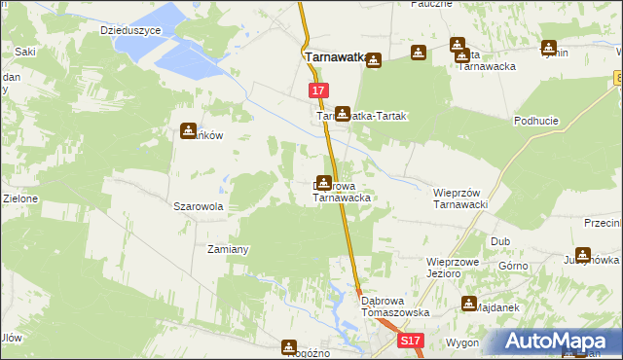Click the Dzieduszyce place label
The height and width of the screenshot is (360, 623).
(130, 30)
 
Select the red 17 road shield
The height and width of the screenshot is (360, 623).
(318, 90)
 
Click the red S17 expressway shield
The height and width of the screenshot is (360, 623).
(411, 341)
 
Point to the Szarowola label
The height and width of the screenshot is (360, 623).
(199, 206)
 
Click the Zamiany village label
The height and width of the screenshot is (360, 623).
(229, 249)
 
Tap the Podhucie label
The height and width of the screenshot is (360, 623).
(535, 121)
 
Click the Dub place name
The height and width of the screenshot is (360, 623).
(500, 240)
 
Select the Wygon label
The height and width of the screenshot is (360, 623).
(462, 343)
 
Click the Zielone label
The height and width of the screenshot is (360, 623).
(18, 198)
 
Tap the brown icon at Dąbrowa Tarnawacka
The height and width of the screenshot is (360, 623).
(323, 181)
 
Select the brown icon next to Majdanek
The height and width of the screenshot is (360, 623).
(470, 306)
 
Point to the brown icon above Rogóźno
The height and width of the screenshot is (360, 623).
(289, 346)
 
